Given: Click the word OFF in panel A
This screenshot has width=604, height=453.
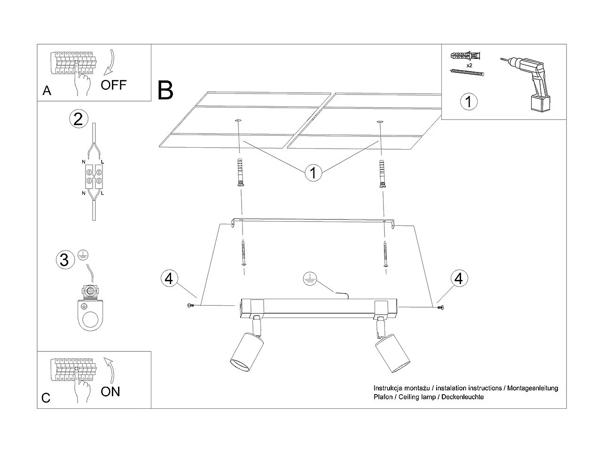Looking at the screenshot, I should (x=114, y=85).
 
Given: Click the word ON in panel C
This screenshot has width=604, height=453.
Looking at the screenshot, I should (x=110, y=391).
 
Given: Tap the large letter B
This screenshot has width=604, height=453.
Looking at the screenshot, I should (x=165, y=90).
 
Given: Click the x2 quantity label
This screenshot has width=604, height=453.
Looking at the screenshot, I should (x=469, y=65).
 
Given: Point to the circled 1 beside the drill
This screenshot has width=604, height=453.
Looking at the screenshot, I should (x=468, y=102).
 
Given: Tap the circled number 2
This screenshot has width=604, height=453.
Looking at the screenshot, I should (x=78, y=119).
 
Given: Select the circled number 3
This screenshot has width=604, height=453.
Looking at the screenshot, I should (x=65, y=260).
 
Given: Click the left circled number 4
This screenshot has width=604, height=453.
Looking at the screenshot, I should (x=169, y=278).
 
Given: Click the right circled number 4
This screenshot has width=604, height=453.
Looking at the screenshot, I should (x=458, y=278).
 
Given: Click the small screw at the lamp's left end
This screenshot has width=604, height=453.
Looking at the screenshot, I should (x=191, y=306).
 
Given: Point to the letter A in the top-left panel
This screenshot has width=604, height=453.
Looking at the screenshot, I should (x=47, y=90).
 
